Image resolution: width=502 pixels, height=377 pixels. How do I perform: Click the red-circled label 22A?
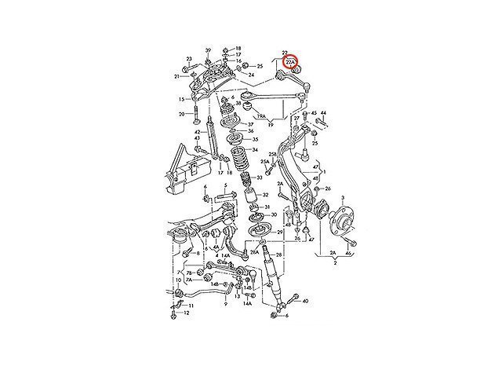tap(291, 60)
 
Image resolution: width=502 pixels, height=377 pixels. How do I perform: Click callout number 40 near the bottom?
tap(305, 301)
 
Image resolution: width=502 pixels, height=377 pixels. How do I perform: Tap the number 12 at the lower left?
tap(186, 313)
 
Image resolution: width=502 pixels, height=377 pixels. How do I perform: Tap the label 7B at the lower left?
tap(179, 272)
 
